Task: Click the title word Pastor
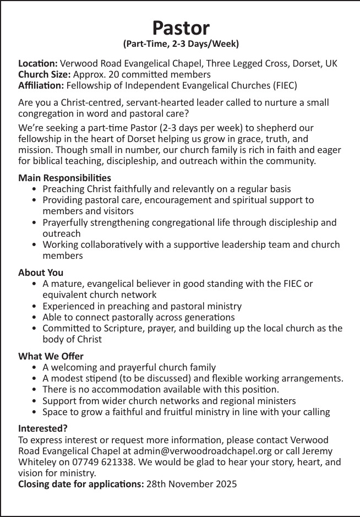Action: pos(181,27)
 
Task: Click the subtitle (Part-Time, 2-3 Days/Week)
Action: pos(181,43)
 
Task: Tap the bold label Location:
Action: pos(38,63)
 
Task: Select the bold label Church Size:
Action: pos(44,74)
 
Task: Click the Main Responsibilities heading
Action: pos(64,178)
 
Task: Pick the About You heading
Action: pos(41,273)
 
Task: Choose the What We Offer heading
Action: pos(51,356)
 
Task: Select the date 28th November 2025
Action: pos(192,485)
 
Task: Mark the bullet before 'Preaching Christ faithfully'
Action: pos(35,189)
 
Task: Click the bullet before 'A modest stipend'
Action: pos(35,379)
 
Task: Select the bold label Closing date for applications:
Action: pos(81,485)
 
